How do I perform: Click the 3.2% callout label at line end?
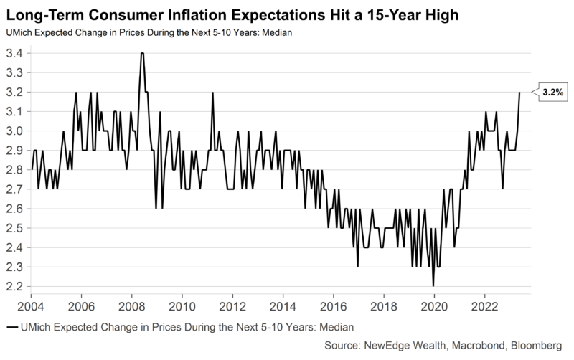[552, 92]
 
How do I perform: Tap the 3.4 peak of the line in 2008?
[143, 54]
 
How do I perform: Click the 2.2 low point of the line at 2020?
[433, 285]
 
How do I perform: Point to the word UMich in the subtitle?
[19, 32]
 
